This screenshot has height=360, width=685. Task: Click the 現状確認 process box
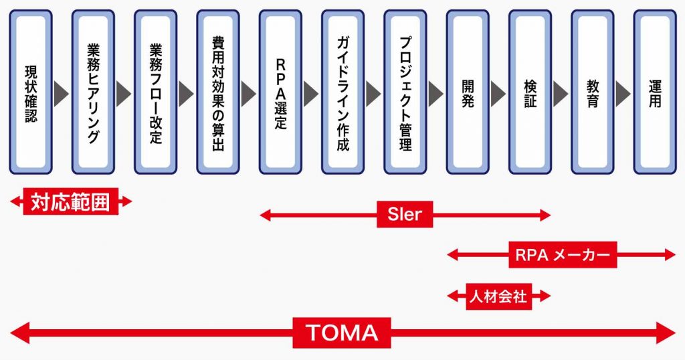[30, 92]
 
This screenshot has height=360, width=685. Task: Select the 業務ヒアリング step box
[93, 92]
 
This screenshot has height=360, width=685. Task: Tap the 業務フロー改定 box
[155, 92]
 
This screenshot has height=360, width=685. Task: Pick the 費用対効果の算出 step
[217, 92]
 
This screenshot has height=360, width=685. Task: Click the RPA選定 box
[280, 92]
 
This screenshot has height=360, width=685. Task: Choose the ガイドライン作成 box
[342, 92]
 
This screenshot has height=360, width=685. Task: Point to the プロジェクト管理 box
[405, 92]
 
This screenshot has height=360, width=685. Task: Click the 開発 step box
[468, 92]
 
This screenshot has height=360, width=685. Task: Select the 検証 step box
[530, 92]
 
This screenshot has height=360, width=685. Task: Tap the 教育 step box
[592, 92]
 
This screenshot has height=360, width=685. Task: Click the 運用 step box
[654, 92]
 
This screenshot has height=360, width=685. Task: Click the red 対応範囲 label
[71, 201]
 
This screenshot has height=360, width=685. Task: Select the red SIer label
[405, 215]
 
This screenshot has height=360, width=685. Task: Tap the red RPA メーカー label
[563, 254]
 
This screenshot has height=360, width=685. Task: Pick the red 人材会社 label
[498, 295]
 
